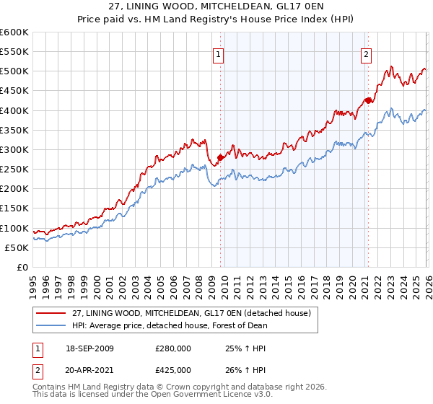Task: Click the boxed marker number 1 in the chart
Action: point(218,53)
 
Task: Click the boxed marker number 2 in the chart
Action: point(366,53)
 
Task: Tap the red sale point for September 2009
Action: point(220,157)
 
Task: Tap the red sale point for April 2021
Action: point(367,100)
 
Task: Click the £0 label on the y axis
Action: point(22,267)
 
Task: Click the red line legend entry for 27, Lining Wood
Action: point(191,313)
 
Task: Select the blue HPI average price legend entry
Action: point(170,325)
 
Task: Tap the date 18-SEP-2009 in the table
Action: point(89,348)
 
